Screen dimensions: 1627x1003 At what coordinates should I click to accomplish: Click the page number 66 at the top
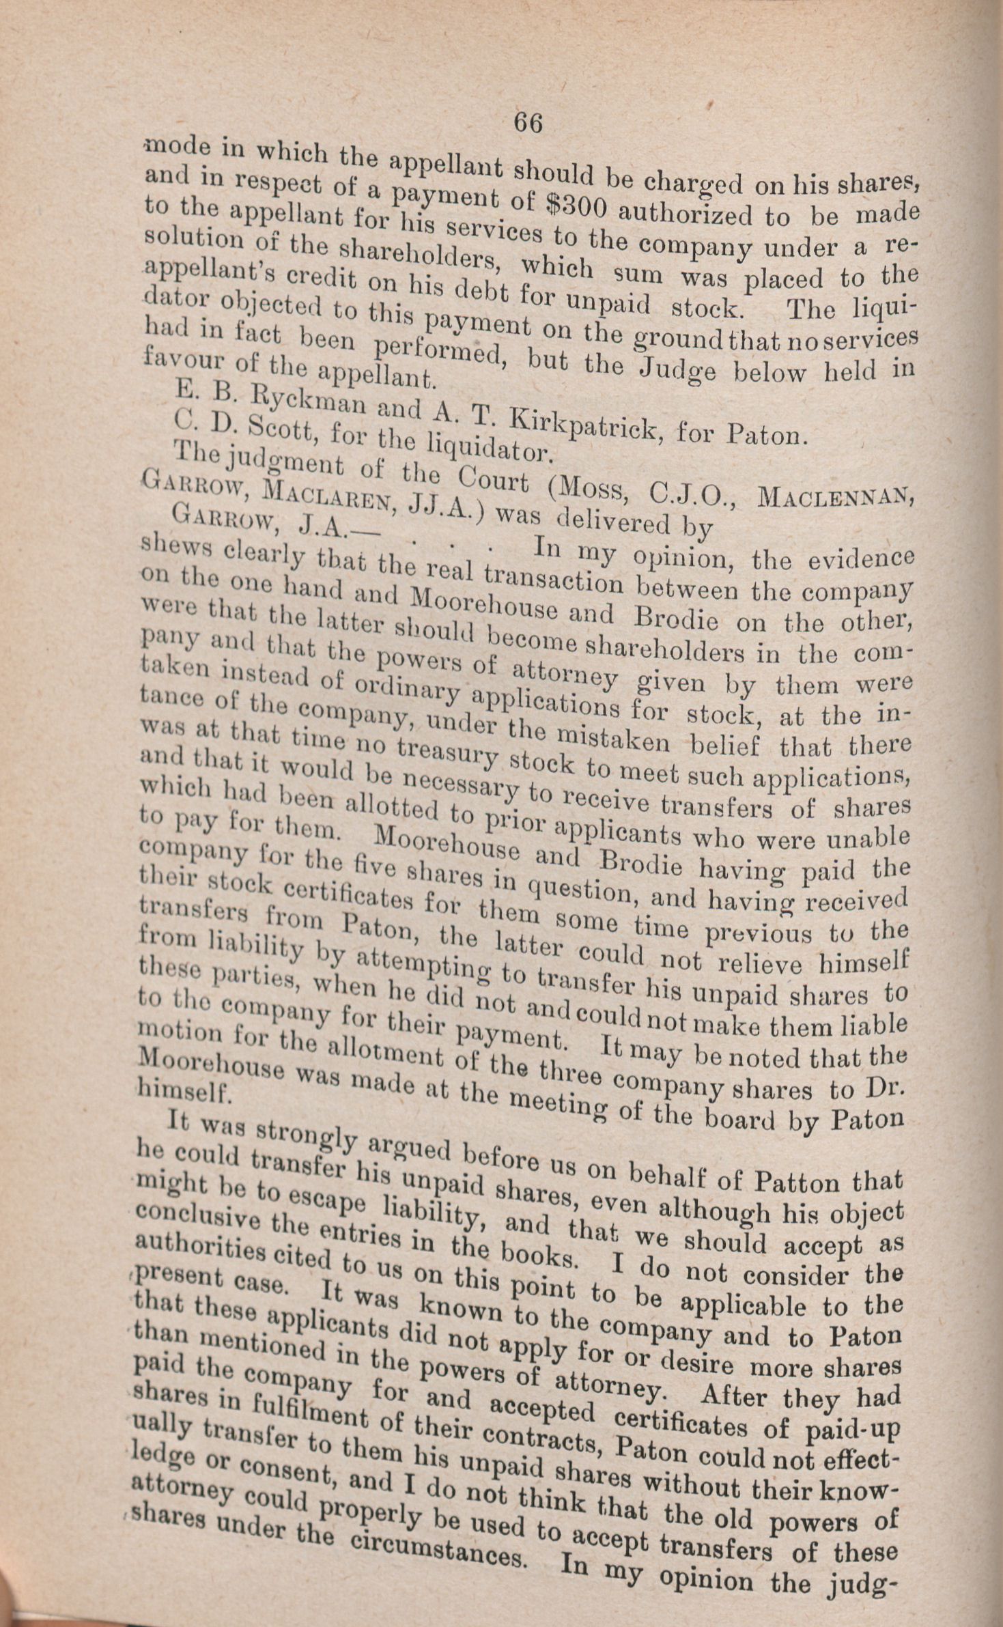(x=528, y=124)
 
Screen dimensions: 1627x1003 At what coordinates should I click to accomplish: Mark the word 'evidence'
(x=860, y=559)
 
